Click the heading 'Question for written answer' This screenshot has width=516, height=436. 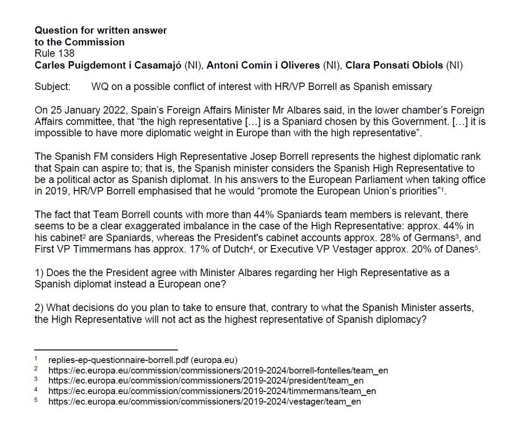point(101,31)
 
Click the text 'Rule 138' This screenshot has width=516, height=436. point(54,54)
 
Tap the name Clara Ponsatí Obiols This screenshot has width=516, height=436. point(394,66)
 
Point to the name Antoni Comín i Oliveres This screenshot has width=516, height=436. point(263,66)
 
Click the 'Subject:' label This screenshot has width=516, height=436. point(52,87)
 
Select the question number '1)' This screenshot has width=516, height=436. point(39,273)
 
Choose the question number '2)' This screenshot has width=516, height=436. point(39,308)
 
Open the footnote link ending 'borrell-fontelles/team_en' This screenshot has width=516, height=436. point(218,370)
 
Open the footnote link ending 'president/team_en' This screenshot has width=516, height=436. point(206,381)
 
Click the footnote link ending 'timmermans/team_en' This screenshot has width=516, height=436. point(212,391)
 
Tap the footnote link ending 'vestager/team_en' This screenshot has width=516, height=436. point(205,401)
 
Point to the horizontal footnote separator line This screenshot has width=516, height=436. point(106,350)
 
